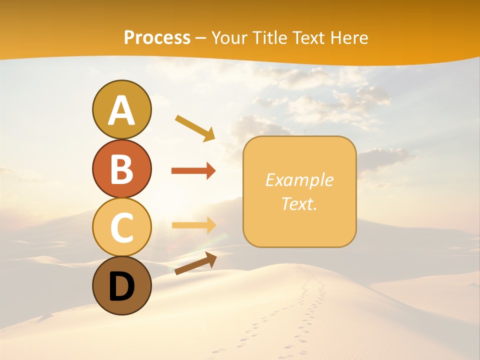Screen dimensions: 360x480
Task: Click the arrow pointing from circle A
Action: [195, 127]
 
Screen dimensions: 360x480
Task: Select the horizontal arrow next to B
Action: [193, 171]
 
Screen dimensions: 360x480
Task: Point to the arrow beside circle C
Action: [193, 225]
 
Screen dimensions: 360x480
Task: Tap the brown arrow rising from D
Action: [195, 263]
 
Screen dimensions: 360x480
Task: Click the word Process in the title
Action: [157, 37]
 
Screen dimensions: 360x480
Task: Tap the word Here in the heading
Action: [348, 37]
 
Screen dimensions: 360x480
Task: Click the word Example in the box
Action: [299, 180]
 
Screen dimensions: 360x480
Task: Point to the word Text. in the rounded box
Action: [299, 203]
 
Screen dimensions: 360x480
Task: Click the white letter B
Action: [121, 169]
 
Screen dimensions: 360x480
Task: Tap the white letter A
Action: [121, 110]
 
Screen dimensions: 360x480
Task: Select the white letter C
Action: [121, 227]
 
